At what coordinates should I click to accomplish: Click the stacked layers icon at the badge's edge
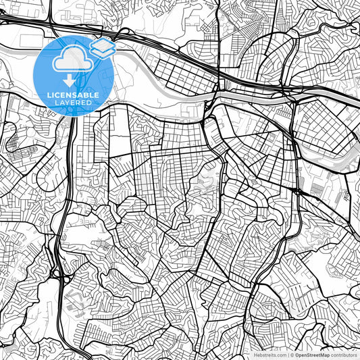102,47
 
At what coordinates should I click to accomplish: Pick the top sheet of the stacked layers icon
102,44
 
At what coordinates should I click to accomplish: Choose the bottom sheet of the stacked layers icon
102,52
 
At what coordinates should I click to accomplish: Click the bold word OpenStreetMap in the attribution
311,355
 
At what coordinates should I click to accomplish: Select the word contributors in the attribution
344,355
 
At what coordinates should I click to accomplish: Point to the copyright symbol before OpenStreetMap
291,355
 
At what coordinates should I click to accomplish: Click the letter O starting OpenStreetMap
296,355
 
